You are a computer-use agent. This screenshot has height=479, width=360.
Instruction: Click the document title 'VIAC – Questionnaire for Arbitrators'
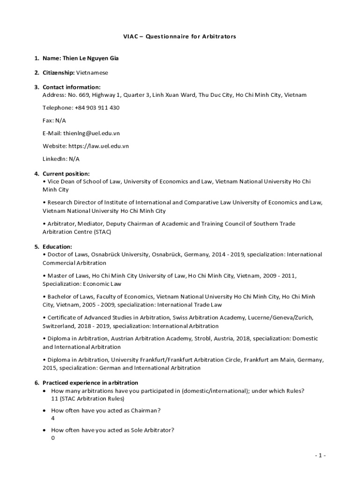click(x=180, y=36)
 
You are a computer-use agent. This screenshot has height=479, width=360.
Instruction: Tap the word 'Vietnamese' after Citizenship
click(x=92, y=73)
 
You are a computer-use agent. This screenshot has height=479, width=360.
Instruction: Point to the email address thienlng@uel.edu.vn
click(x=92, y=133)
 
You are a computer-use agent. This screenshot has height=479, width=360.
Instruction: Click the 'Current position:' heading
click(x=66, y=174)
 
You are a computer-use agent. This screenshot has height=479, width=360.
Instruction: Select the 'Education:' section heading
click(x=57, y=247)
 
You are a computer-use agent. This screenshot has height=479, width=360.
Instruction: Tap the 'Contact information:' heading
click(x=71, y=87)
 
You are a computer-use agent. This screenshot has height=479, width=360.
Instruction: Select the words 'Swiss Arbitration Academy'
click(x=222, y=318)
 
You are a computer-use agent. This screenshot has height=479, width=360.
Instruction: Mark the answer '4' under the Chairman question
click(x=53, y=419)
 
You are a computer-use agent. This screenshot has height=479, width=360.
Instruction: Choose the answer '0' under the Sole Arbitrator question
click(x=53, y=438)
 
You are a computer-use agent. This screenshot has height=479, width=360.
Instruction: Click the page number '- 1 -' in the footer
click(x=320, y=456)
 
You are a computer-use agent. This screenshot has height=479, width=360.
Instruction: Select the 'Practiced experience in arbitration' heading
click(x=90, y=383)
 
